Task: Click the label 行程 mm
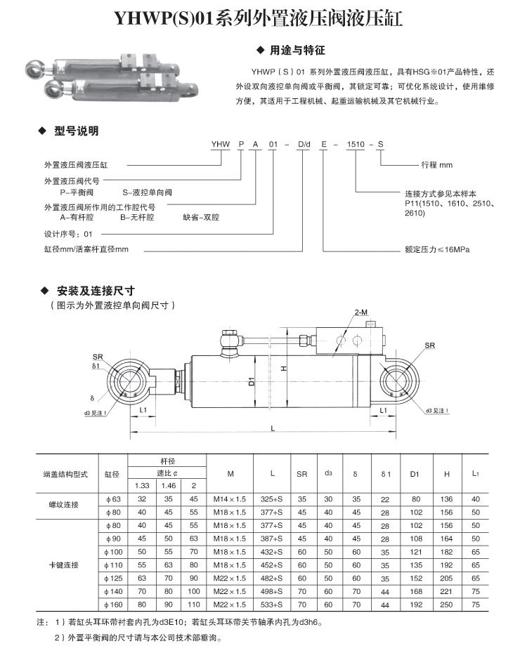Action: click(436, 165)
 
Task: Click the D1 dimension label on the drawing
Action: click(251, 383)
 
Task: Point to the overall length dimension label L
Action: click(272, 428)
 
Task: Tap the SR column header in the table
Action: click(301, 474)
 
